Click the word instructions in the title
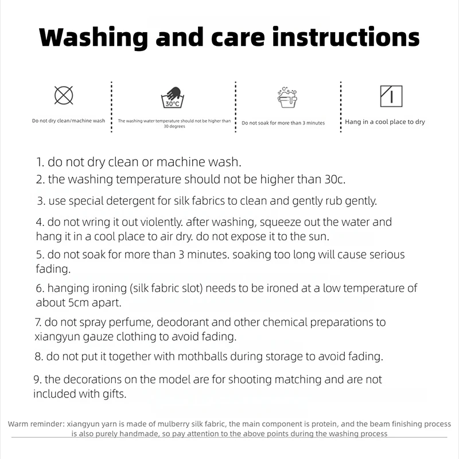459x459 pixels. [346, 37]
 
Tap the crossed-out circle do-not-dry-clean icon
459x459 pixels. [64, 95]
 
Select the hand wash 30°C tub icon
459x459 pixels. [173, 98]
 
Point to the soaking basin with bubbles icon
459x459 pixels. [287, 97]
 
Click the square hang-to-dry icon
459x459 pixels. [391, 96]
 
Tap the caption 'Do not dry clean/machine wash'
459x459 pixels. [68, 120]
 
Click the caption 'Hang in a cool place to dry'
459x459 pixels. [385, 122]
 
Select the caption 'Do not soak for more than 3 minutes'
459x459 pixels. [283, 123]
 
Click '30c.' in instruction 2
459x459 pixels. [335, 180]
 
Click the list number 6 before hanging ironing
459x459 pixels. [40, 289]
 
